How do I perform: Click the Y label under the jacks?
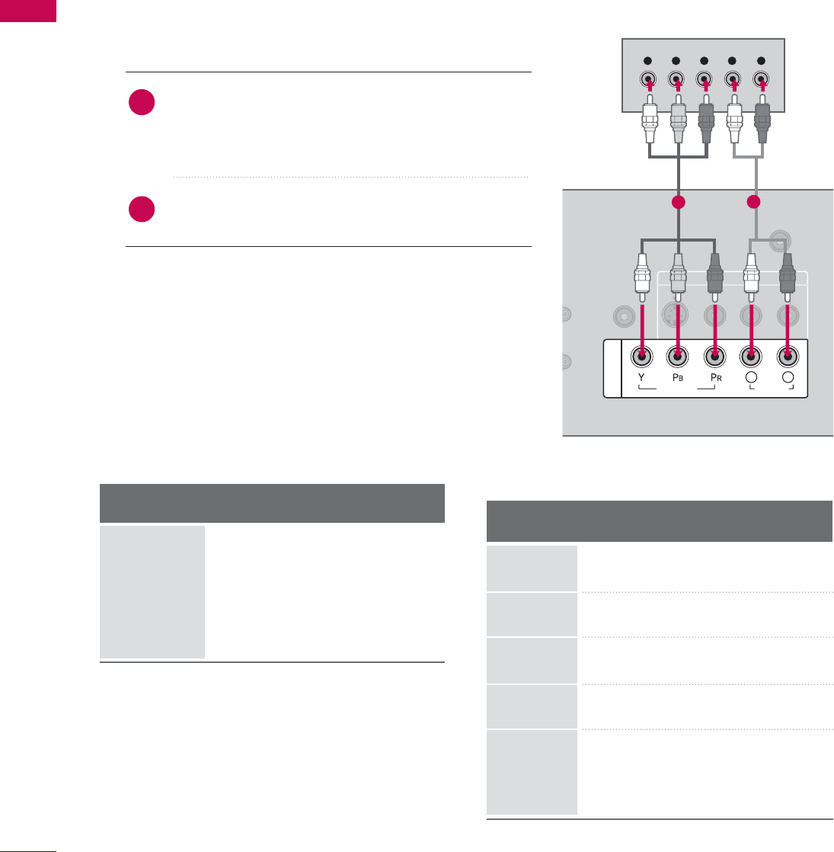pos(642,377)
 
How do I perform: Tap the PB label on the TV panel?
pos(677,377)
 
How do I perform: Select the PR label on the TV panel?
pos(714,377)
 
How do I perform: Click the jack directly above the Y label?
pos(642,355)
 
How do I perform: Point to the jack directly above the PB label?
pos(677,355)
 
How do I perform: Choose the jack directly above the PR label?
pos(714,355)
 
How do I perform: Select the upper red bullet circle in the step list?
pos(142,103)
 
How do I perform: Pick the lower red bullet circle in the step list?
pos(142,210)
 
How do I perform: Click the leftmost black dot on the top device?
pos(648,60)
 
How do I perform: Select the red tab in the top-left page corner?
pos(28,11)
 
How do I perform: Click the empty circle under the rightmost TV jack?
pos(788,378)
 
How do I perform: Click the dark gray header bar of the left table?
pos(272,503)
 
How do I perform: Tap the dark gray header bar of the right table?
pos(659,520)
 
